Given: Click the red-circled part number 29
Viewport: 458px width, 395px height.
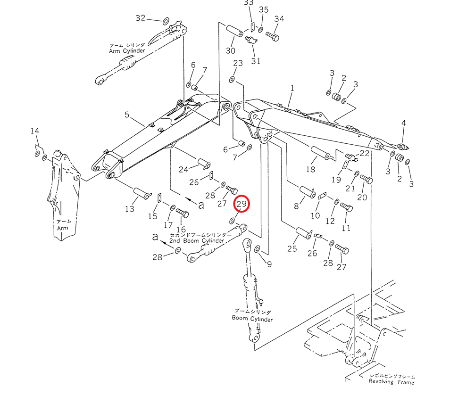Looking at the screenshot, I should pos(242,204).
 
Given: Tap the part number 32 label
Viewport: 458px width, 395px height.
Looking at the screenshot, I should pos(141,18).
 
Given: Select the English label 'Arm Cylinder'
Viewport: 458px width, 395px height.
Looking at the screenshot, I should pos(127,51).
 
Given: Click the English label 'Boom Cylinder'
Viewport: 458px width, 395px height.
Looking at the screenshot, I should pos(252,319).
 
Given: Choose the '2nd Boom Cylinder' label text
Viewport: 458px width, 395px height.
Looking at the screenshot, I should pos(197,241).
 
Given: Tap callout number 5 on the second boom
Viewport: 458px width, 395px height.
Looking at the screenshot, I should pos(127,115).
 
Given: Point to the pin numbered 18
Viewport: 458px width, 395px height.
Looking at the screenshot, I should pos(321,154).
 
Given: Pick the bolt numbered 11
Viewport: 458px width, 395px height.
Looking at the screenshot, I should pos(346,207).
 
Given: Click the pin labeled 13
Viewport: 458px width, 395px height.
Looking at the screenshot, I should pos(142,193).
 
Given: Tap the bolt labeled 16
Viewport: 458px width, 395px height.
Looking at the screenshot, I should pos(182,213).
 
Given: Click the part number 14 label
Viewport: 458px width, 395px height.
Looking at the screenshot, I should pos(35,131).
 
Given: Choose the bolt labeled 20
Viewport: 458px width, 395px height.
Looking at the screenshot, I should pos(366,179).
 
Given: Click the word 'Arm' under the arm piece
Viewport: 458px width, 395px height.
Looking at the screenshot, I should pos(63,228).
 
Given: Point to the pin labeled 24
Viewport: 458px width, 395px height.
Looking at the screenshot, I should pos(205,162).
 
